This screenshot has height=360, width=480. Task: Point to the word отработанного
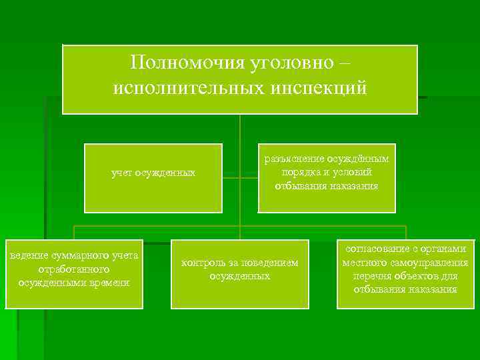tap(74, 269)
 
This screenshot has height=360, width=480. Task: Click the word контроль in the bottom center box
tap(203, 263)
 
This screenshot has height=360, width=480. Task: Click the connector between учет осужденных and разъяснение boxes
tap(240, 178)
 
